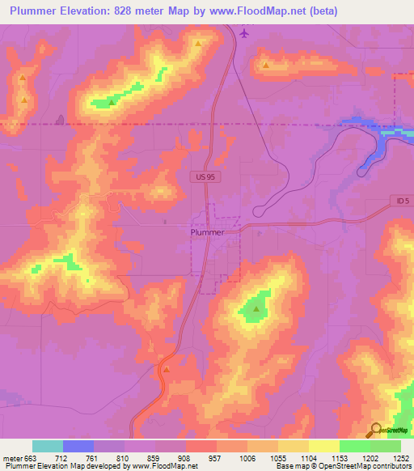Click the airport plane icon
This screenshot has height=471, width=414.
tap(244, 33)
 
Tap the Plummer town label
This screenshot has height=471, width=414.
tap(207, 231)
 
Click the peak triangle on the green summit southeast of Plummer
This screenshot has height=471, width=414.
tap(256, 308)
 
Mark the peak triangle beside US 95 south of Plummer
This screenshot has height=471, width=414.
tap(166, 370)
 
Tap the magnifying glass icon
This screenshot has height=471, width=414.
tap(375, 430)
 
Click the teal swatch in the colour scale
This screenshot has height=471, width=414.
tap(48, 446)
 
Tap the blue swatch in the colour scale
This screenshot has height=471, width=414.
tap(78, 446)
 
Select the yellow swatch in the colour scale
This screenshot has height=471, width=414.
tap(294, 446)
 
